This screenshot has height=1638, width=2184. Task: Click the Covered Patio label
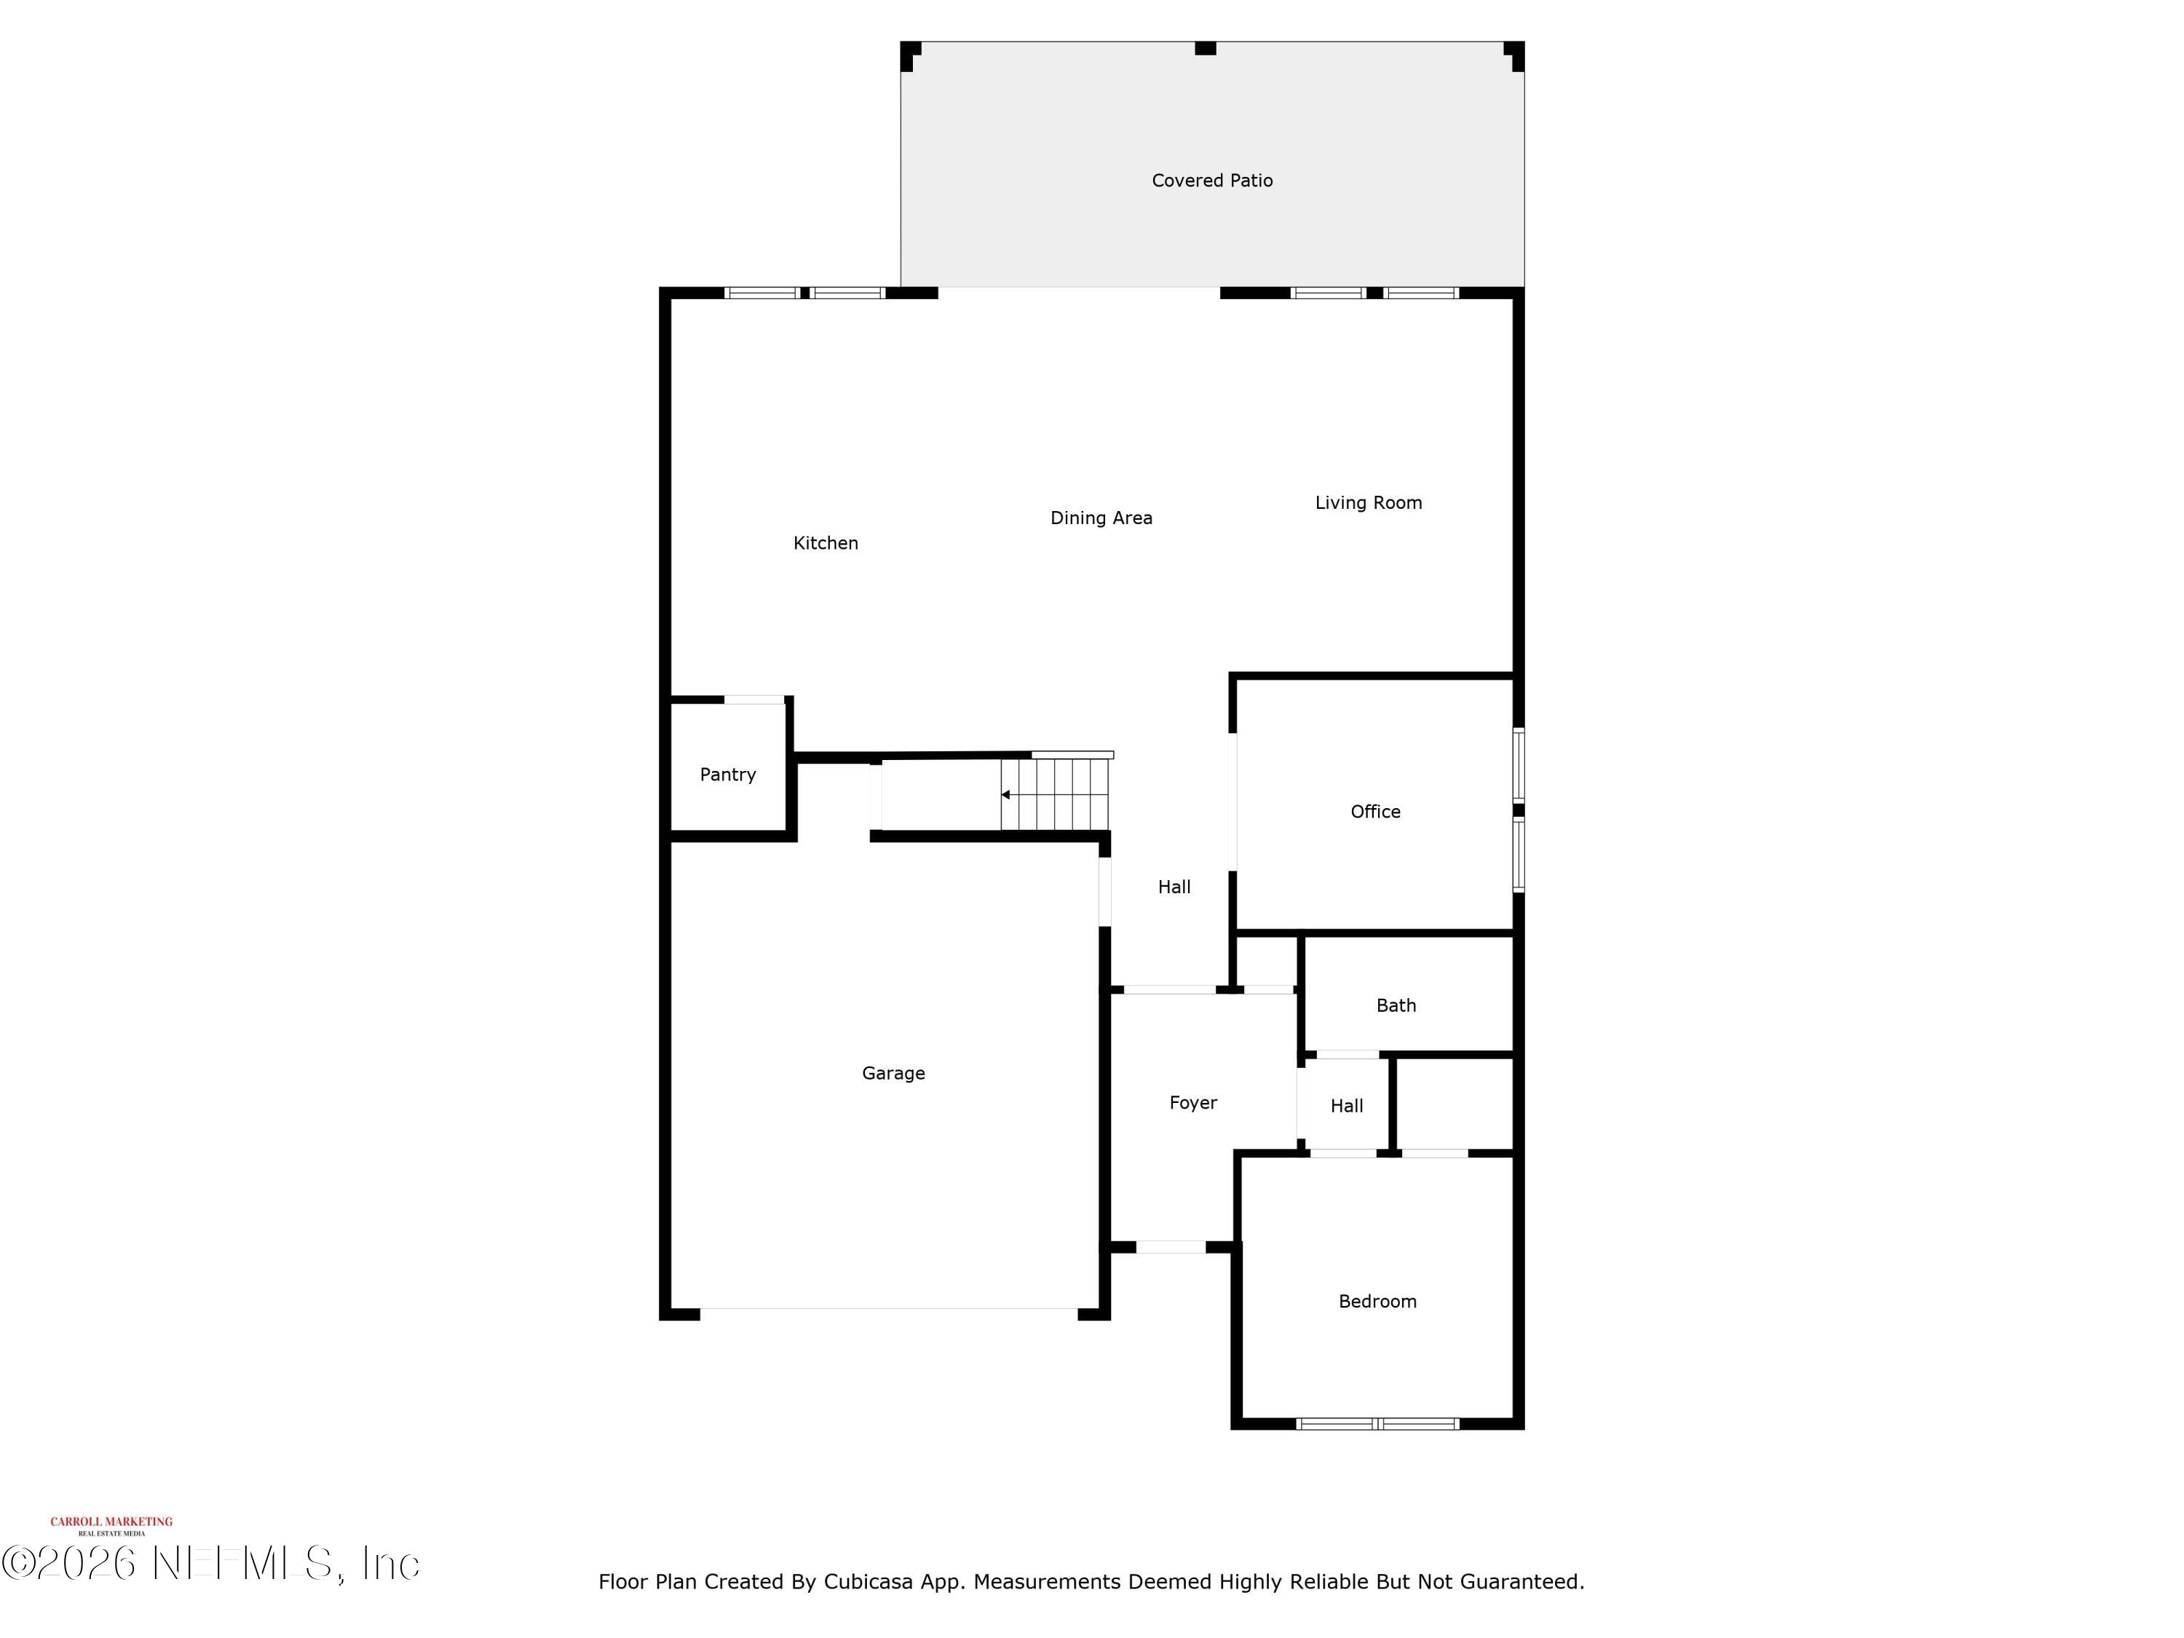coord(1211,181)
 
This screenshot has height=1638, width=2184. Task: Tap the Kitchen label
coord(826,543)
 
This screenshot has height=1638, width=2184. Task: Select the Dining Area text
coord(1101,518)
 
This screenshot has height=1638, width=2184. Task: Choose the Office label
coord(1374,812)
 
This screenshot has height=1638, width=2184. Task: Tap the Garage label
coord(893,1073)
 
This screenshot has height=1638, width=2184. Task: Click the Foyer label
coord(1192,1103)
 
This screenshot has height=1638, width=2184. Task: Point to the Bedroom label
coord(1377,1302)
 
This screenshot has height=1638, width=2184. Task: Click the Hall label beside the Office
coord(1174,887)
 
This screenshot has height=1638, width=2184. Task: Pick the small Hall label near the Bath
coord(1346,1106)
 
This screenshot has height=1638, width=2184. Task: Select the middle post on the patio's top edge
coord(1205,47)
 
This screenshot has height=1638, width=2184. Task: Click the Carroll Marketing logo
coord(111,1525)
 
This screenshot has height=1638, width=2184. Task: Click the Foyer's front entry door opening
coord(1170,1247)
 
